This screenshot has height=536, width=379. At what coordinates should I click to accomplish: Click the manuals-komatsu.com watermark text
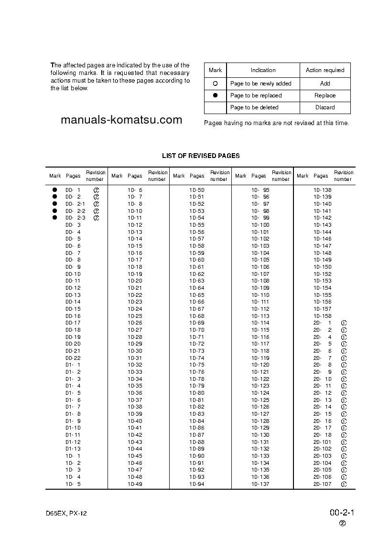tap(121, 120)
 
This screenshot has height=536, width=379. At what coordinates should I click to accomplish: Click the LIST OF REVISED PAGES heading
tap(201, 156)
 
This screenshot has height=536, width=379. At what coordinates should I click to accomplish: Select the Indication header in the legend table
tap(263, 70)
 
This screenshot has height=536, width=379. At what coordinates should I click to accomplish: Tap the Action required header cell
tap(325, 70)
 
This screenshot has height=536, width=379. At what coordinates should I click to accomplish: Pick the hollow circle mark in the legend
tap(215, 84)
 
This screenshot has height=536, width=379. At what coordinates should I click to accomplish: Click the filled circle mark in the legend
tap(215, 95)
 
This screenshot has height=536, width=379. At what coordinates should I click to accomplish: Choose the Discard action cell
tap(325, 107)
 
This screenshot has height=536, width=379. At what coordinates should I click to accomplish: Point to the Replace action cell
tap(325, 95)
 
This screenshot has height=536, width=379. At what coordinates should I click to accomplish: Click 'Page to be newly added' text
tap(260, 84)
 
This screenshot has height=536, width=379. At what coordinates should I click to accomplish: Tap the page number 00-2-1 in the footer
tap(341, 513)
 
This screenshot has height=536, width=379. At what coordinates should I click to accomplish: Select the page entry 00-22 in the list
tap(73, 358)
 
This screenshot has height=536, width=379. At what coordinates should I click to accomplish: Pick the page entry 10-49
tap(135, 484)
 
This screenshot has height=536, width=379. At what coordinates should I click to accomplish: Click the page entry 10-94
tap(197, 484)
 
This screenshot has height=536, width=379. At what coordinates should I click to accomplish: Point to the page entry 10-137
tap(260, 484)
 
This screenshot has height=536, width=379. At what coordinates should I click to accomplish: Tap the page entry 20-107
tap(322, 484)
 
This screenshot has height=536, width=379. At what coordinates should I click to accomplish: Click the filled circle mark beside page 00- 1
tap(55, 190)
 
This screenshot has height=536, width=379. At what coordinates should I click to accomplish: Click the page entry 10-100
tap(260, 225)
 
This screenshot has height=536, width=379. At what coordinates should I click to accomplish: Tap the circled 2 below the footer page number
tap(343, 523)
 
